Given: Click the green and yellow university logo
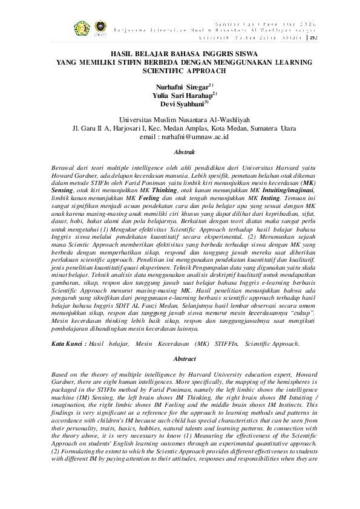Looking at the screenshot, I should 81,28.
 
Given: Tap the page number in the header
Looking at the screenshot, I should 313,37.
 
